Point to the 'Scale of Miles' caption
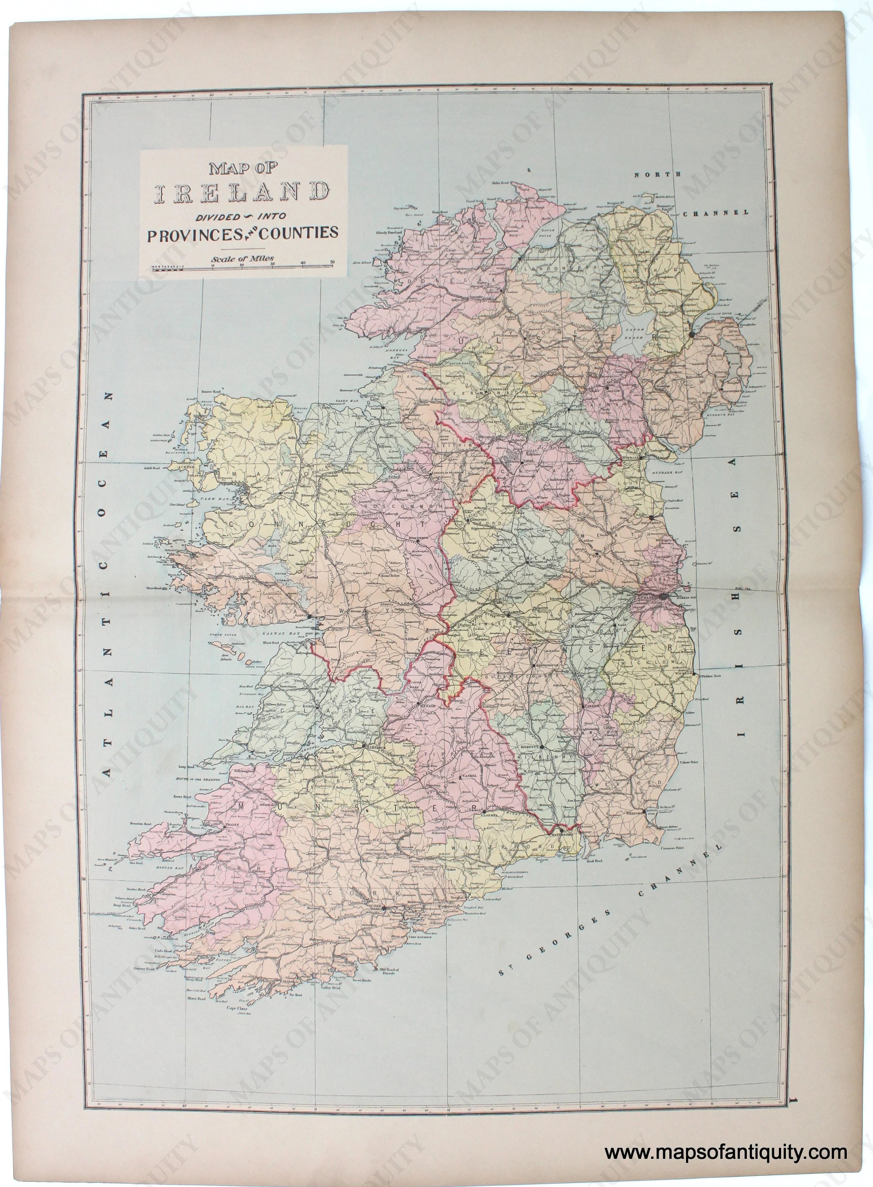pos(242,258)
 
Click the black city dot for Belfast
pos(692,334)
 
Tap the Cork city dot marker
pos(384,908)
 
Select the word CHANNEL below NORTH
pos(716,213)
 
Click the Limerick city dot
pos(364,746)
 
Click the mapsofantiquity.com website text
pos(726,1148)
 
